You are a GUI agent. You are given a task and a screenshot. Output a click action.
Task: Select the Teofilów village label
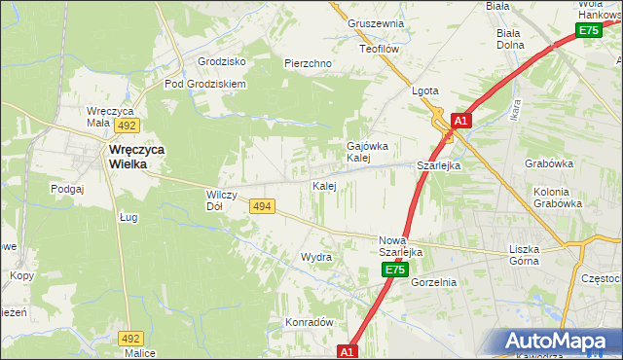pos(381,48)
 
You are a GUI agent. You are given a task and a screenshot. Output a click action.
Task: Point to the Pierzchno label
pos(308,63)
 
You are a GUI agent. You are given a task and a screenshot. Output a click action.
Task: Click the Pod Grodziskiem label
pos(205,84)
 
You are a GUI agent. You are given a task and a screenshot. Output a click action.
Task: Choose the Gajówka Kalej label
pos(368,152)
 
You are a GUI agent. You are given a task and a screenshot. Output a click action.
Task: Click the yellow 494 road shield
pos(261,206)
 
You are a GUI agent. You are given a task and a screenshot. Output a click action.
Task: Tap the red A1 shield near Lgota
pos(461,122)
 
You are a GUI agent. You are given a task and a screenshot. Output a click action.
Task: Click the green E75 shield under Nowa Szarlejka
pos(393,270)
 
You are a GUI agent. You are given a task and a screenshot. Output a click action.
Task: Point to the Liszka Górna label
pos(531,255)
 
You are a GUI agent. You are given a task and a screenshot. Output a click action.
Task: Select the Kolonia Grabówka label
pos(558,198)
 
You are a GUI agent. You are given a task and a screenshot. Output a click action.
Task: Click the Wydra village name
pos(315,258)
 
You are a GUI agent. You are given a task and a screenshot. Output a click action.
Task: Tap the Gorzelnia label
pos(433,282)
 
